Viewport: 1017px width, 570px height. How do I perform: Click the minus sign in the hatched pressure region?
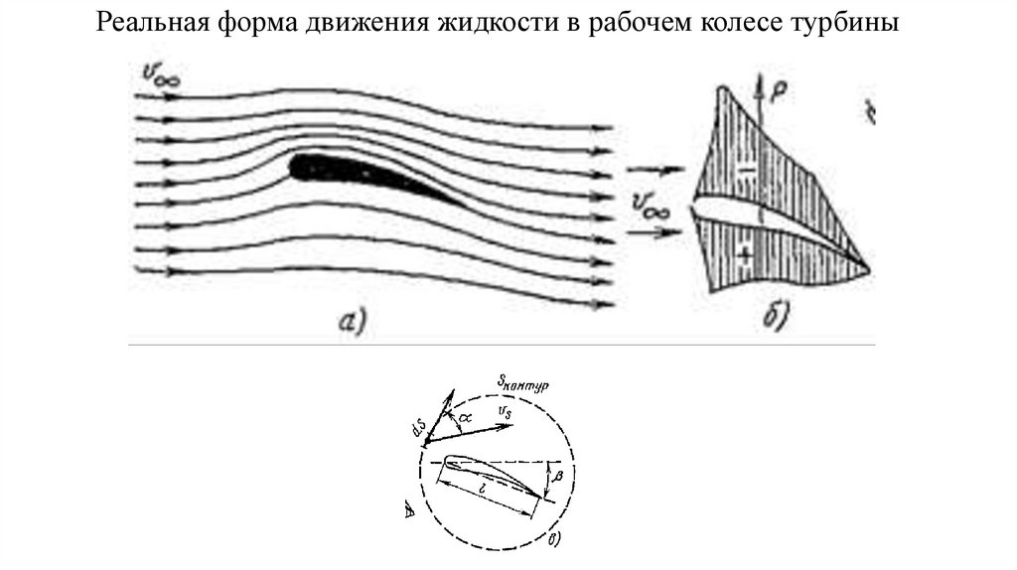(748, 169)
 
